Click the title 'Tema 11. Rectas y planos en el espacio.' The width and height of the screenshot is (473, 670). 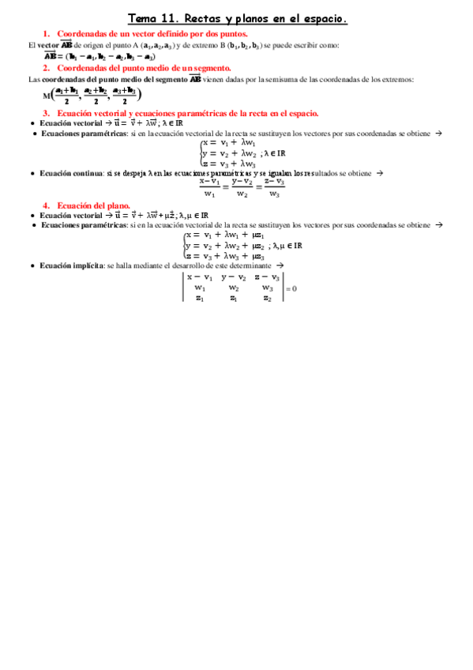click(x=237, y=17)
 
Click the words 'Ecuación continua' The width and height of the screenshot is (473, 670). click(x=72, y=173)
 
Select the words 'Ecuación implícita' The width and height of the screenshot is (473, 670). click(x=72, y=265)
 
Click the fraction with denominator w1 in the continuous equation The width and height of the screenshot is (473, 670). click(x=209, y=187)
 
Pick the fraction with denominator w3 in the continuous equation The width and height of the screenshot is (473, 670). click(x=274, y=187)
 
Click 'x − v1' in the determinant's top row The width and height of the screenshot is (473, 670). click(x=200, y=277)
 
